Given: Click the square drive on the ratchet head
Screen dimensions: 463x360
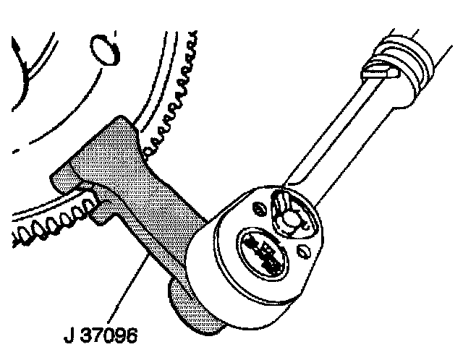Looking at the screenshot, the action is tap(263, 252).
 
